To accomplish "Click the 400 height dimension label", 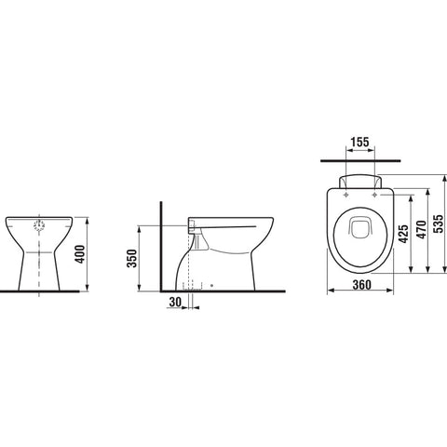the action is click(x=80, y=254).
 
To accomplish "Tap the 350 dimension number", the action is click(x=132, y=259).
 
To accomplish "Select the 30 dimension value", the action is click(x=175, y=302).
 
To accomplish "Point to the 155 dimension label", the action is click(x=360, y=142).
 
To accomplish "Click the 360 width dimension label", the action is click(x=362, y=285).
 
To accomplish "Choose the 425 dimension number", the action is click(x=403, y=233).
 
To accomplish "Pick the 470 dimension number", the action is click(x=421, y=230).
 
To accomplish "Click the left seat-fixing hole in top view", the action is click(x=346, y=195).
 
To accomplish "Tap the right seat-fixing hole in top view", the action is click(x=374, y=195).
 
